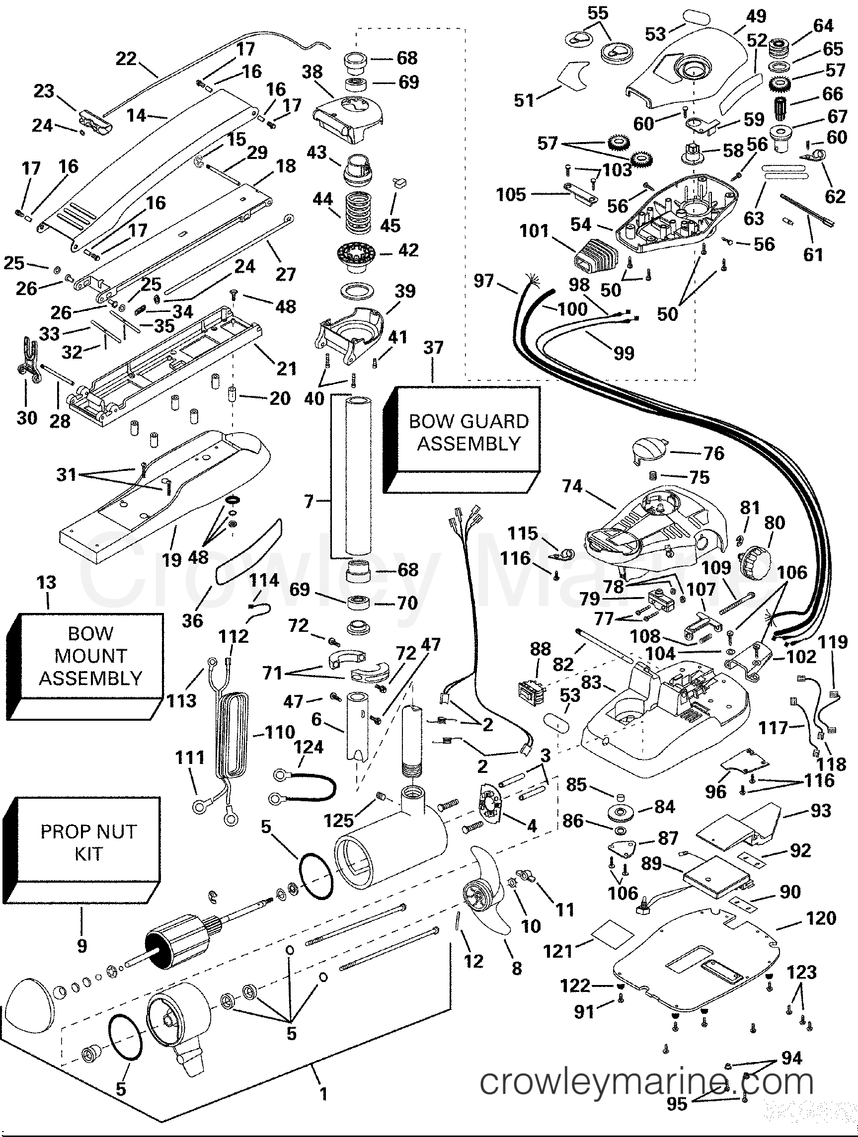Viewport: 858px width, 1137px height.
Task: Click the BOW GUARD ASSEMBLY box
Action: tap(468, 432)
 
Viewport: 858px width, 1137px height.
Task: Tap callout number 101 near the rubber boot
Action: tap(534, 231)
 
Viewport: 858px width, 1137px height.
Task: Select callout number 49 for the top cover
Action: tap(756, 17)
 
